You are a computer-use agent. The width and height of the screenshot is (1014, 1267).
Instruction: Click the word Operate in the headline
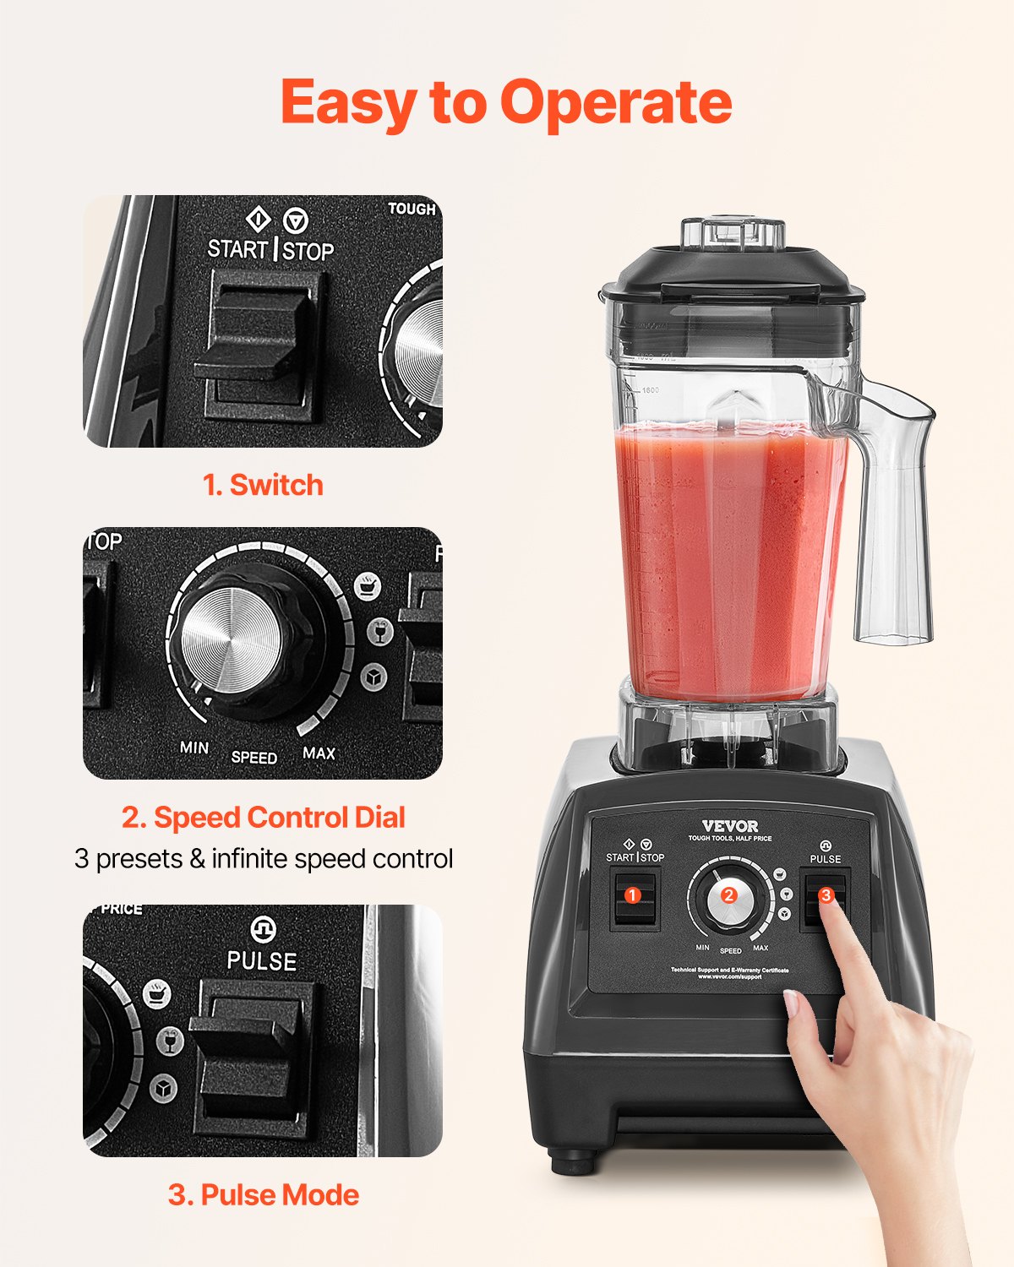pyautogui.click(x=615, y=103)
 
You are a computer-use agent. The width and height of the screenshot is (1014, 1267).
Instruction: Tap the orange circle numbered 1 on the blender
pyautogui.click(x=632, y=895)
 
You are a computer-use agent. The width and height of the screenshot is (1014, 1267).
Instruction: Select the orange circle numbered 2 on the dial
pyautogui.click(x=728, y=896)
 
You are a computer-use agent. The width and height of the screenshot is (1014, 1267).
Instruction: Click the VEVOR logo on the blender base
pyautogui.click(x=730, y=825)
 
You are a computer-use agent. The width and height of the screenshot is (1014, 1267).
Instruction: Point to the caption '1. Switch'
pyautogui.click(x=263, y=485)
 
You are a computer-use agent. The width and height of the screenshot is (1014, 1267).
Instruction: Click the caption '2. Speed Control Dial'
pyautogui.click(x=263, y=817)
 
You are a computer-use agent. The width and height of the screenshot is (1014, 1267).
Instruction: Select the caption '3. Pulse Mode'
pyautogui.click(x=263, y=1194)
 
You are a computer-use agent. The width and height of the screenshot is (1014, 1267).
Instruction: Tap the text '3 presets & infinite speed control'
pyautogui.click(x=263, y=858)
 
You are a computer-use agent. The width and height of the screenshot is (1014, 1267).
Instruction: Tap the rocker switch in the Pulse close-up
pyautogui.click(x=253, y=1052)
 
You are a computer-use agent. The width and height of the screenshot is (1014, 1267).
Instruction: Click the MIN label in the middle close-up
pyautogui.click(x=194, y=748)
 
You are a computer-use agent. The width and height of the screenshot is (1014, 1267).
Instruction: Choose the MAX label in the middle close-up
pyautogui.click(x=319, y=753)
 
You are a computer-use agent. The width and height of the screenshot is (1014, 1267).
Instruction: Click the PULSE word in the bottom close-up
pyautogui.click(x=262, y=961)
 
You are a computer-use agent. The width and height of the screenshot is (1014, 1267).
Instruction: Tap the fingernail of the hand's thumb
pyautogui.click(x=792, y=1004)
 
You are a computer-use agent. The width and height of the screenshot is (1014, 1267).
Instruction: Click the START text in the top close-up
pyautogui.click(x=237, y=249)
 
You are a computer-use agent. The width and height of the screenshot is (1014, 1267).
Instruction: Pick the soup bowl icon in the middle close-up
pyautogui.click(x=368, y=585)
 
